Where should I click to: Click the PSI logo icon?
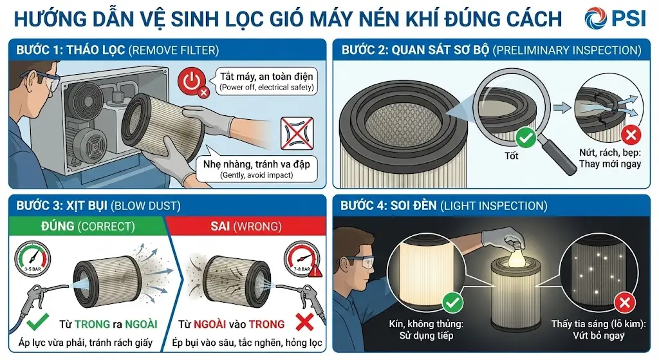(596, 18)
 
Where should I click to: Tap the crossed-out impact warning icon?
(297, 133)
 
